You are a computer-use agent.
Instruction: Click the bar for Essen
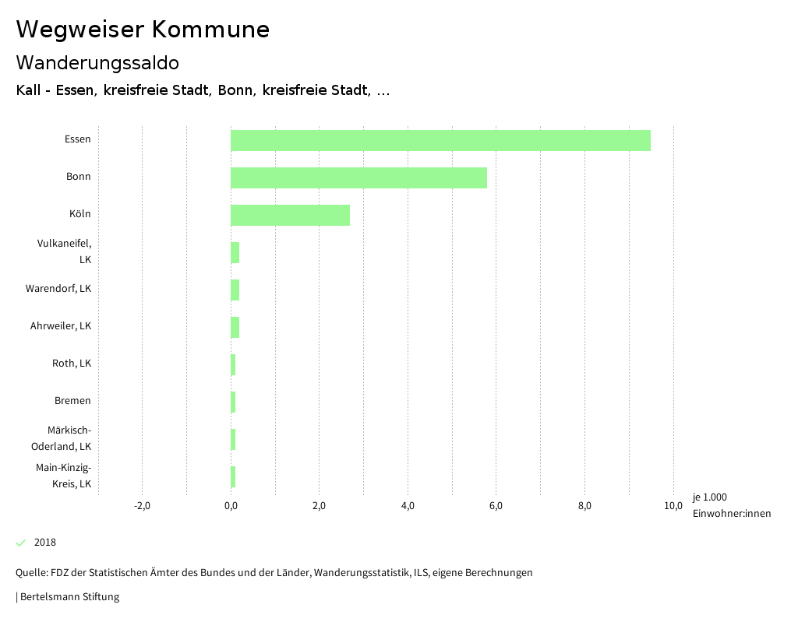tap(440, 140)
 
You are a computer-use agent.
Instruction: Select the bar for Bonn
tap(358, 177)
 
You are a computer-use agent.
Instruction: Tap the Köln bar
tap(290, 215)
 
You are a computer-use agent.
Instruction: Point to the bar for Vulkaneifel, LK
tap(235, 252)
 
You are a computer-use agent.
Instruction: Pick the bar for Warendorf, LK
tap(235, 290)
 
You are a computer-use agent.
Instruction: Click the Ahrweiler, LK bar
tap(235, 327)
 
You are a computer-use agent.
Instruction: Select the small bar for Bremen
tap(233, 402)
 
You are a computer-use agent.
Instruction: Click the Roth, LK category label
tap(72, 364)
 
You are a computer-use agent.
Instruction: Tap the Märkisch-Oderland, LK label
tap(62, 438)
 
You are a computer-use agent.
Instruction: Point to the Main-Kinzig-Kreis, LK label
tap(64, 476)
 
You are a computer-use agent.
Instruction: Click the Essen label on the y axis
tap(78, 139)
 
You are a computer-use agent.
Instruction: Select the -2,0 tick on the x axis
tap(142, 506)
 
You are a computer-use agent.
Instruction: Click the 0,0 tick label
tap(231, 506)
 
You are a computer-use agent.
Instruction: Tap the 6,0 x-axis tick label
tap(496, 506)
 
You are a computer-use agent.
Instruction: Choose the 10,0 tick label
tap(673, 506)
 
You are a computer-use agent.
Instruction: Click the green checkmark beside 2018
tap(21, 543)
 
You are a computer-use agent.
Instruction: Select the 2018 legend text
tap(45, 543)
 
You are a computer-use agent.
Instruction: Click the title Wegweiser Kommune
tap(143, 30)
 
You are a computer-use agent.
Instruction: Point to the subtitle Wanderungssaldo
tap(97, 62)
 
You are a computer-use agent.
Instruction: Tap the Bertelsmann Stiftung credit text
tap(69, 597)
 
